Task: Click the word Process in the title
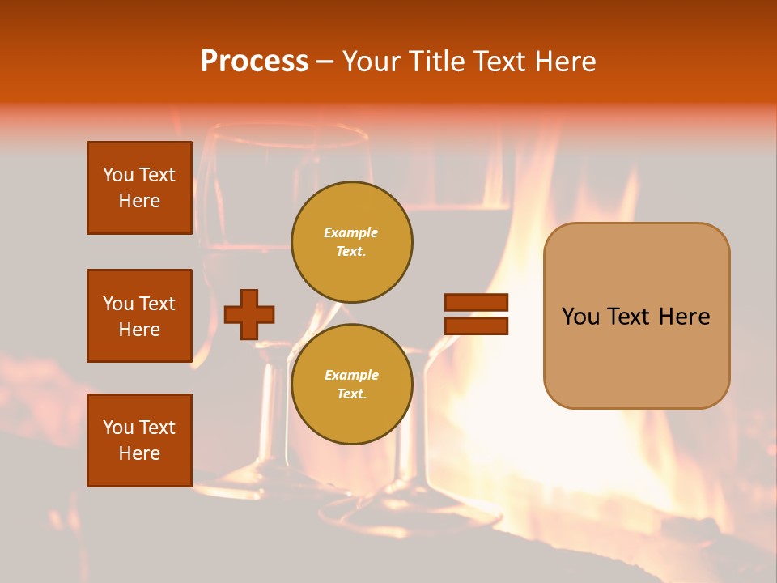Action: pyautogui.click(x=254, y=62)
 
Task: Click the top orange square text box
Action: pyautogui.click(x=139, y=188)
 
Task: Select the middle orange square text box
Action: pyautogui.click(x=139, y=316)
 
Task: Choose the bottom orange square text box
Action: pyautogui.click(x=139, y=440)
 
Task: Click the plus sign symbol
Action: pyautogui.click(x=249, y=315)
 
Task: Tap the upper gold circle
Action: pyautogui.click(x=352, y=242)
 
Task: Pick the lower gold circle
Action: pyautogui.click(x=352, y=384)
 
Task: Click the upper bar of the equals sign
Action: pyautogui.click(x=476, y=302)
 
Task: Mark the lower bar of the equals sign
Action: pyautogui.click(x=476, y=326)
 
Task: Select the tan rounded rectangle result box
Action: pyautogui.click(x=636, y=315)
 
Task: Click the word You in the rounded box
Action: pyautogui.click(x=582, y=317)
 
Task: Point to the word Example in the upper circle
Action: pyautogui.click(x=350, y=232)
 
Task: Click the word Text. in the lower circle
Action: pyautogui.click(x=352, y=394)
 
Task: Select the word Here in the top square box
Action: pyautogui.click(x=139, y=201)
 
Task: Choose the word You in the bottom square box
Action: pyautogui.click(x=118, y=428)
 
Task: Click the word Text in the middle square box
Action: pyautogui.click(x=157, y=304)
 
